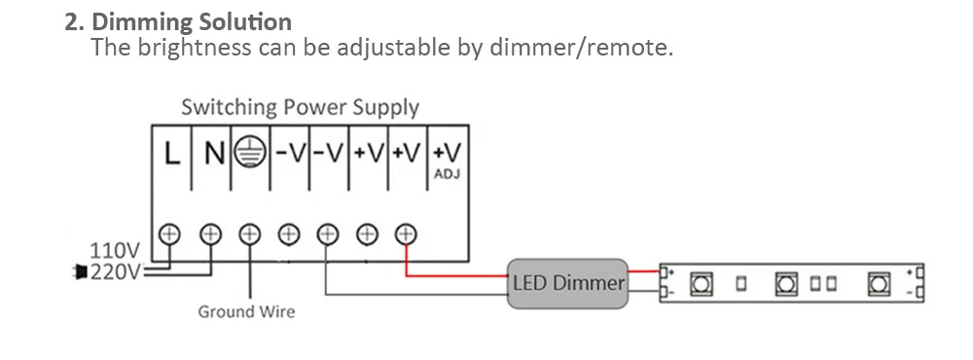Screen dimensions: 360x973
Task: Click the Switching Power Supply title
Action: click(x=300, y=107)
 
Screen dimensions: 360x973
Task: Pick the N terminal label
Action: click(x=213, y=154)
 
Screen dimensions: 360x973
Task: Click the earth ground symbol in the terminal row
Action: click(x=251, y=154)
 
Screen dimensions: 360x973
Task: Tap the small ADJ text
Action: click(x=449, y=174)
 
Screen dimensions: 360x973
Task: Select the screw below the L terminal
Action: click(x=172, y=234)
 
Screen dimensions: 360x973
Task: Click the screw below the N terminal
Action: click(x=211, y=234)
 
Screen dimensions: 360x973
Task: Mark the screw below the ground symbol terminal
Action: click(x=250, y=234)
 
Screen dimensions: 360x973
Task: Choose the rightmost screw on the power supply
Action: click(x=406, y=234)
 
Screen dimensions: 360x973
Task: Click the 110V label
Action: click(x=114, y=251)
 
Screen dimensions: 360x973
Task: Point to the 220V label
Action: click(x=115, y=271)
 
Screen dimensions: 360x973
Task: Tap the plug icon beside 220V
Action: click(x=79, y=272)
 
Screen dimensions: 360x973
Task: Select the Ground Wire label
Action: click(x=246, y=312)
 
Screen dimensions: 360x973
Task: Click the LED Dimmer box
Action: click(x=567, y=283)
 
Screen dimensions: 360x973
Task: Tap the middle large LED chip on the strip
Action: click(x=786, y=284)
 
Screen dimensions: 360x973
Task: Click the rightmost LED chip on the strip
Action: click(x=879, y=284)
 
